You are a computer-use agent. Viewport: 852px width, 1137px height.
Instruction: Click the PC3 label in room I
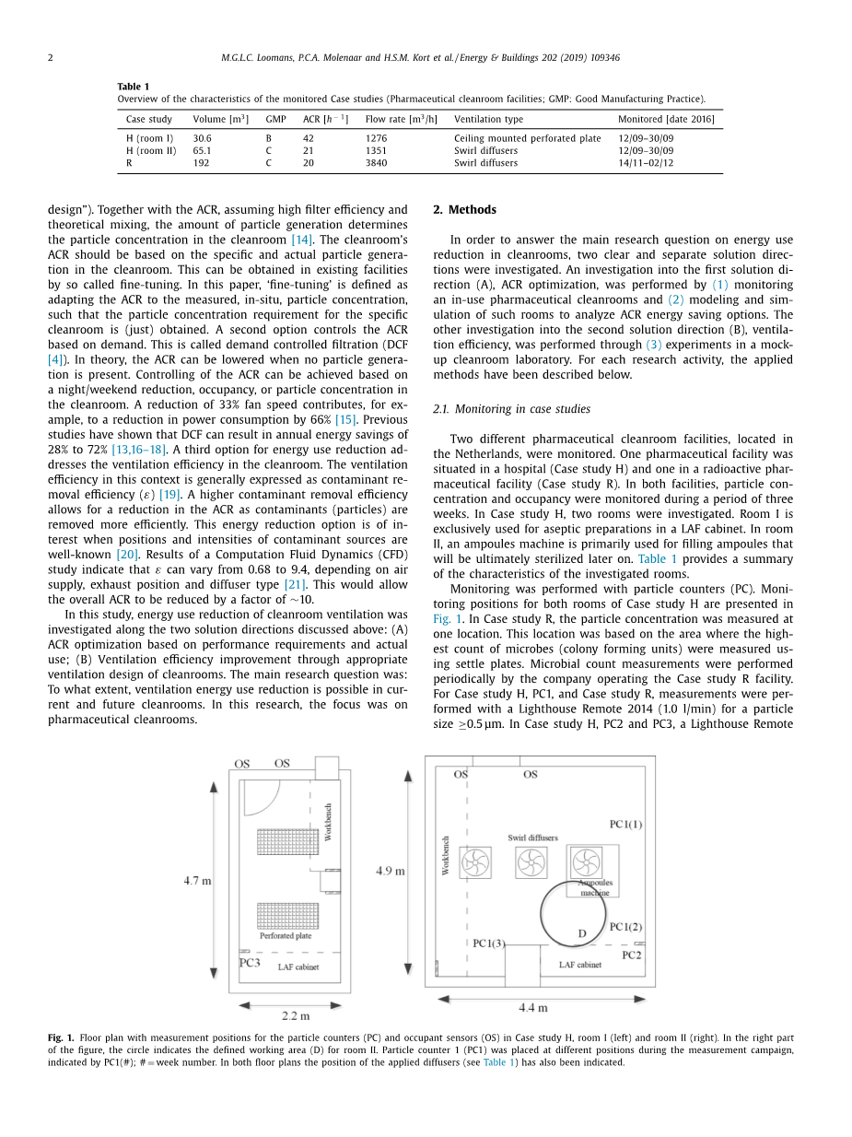click(250, 962)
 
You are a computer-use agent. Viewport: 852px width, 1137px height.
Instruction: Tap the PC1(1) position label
click(625, 824)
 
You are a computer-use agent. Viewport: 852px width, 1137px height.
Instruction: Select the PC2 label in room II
click(631, 955)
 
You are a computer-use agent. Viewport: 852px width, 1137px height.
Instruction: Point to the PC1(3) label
click(489, 943)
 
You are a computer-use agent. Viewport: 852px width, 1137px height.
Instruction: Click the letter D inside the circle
click(581, 933)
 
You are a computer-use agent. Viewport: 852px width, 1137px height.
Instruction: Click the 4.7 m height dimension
click(197, 880)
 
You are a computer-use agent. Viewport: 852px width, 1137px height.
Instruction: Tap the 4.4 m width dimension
click(532, 1007)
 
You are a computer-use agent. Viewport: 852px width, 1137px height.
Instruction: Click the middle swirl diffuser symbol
click(531, 862)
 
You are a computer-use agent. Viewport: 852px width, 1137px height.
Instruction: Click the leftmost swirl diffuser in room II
click(475, 862)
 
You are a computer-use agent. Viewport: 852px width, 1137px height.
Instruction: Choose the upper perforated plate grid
click(286, 842)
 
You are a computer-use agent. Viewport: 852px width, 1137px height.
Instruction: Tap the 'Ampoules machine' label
click(595, 887)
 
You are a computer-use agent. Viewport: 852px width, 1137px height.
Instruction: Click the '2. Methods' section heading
click(464, 209)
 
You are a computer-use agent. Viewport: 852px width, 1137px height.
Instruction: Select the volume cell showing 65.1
click(202, 150)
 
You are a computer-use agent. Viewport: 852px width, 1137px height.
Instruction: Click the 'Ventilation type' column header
click(488, 119)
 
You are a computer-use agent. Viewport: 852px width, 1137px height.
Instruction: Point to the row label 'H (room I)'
click(149, 138)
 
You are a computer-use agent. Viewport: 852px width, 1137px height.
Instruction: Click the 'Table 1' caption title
click(133, 87)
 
